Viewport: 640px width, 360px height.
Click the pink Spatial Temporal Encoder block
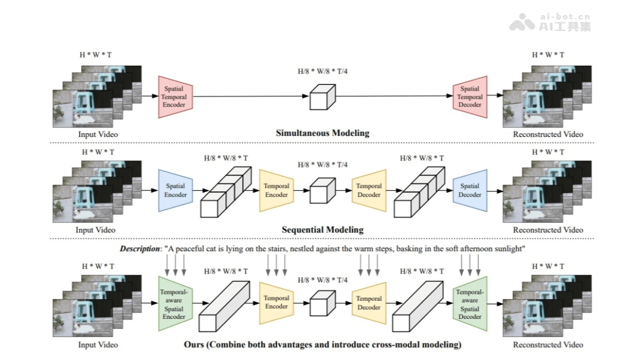(174, 97)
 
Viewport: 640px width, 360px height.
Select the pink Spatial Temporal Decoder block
(470, 97)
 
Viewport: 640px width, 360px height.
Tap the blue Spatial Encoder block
(175, 190)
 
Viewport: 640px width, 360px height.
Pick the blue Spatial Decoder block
(470, 190)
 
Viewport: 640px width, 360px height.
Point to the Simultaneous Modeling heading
(322, 133)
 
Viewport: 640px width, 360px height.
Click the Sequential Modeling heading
(323, 230)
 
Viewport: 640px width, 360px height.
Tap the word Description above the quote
(139, 249)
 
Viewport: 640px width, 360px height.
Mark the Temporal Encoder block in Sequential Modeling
(276, 190)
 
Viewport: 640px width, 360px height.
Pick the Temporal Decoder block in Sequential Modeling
(369, 190)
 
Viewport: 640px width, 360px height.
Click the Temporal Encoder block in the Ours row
(276, 302)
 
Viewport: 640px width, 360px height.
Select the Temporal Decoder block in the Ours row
(369, 303)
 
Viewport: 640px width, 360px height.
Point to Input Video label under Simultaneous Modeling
(98, 134)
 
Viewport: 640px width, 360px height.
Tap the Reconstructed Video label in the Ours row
(548, 345)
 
